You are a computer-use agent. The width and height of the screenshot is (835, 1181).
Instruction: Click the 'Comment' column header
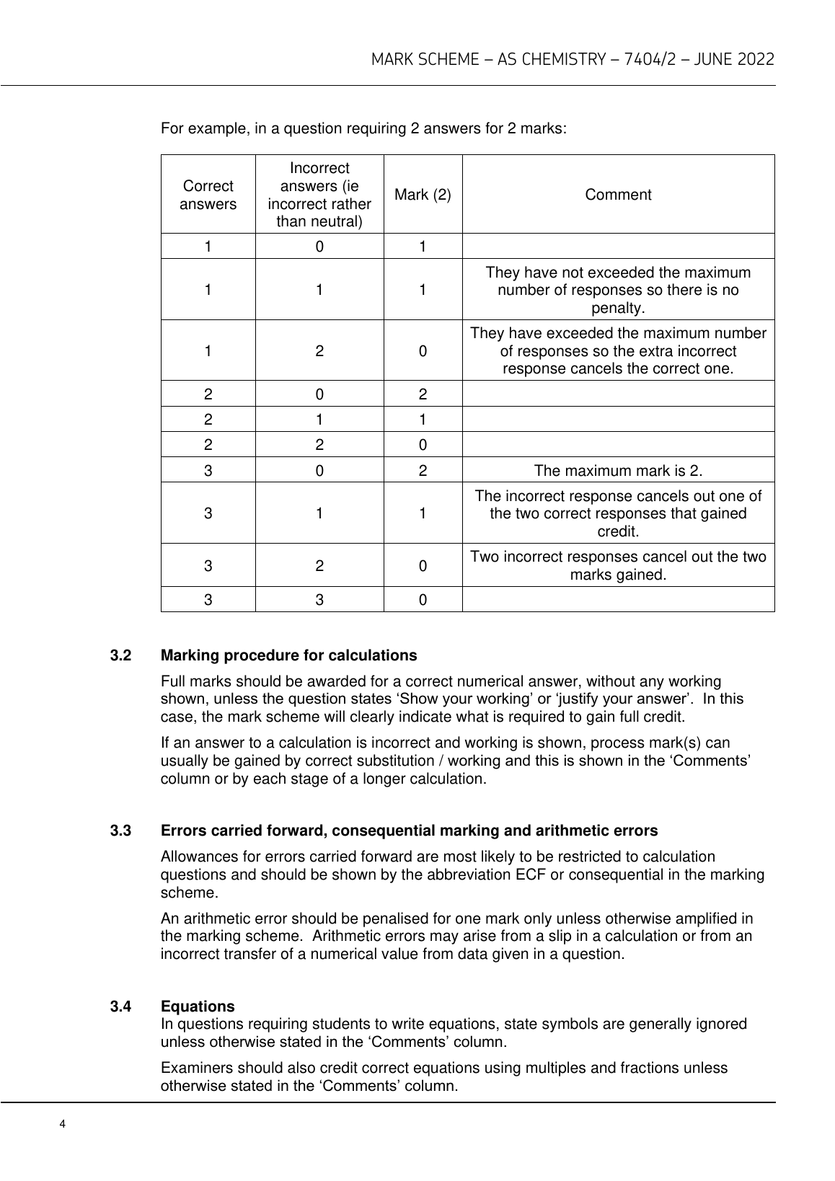[618, 195]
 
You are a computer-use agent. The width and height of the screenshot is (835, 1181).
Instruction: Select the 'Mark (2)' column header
[423, 195]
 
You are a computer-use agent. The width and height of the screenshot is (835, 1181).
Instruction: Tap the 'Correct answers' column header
[208, 195]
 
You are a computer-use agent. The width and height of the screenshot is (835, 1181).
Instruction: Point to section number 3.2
[120, 655]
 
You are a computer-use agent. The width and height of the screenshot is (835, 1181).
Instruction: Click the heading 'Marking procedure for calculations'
[288, 655]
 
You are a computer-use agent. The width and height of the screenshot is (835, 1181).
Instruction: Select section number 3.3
[120, 831]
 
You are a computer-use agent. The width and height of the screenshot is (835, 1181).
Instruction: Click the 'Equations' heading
[198, 1006]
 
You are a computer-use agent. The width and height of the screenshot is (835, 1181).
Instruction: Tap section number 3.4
[120, 1006]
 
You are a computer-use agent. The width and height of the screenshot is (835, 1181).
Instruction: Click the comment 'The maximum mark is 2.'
[618, 471]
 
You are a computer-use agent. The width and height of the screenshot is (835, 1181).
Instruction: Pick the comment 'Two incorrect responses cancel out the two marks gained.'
[618, 566]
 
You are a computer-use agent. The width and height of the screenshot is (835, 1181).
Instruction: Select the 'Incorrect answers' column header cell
[319, 195]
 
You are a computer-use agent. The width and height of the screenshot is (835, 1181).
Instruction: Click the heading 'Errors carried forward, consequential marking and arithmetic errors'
[409, 831]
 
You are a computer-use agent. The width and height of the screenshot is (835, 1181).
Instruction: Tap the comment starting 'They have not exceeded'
[618, 290]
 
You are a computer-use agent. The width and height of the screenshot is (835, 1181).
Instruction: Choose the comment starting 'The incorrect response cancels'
[618, 513]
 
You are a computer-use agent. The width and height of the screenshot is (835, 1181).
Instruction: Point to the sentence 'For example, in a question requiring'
[363, 129]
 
